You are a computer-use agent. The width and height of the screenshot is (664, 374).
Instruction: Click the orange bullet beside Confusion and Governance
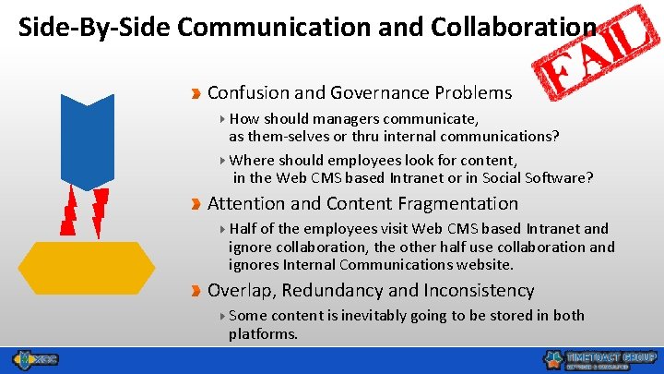pos(196,93)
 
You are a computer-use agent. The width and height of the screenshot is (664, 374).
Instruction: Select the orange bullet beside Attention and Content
pos(196,204)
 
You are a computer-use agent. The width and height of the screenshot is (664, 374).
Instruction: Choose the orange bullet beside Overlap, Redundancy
pos(196,291)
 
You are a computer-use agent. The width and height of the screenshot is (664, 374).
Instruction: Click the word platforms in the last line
pos(261,333)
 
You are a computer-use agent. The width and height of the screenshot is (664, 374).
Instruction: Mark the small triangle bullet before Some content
pos(222,316)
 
